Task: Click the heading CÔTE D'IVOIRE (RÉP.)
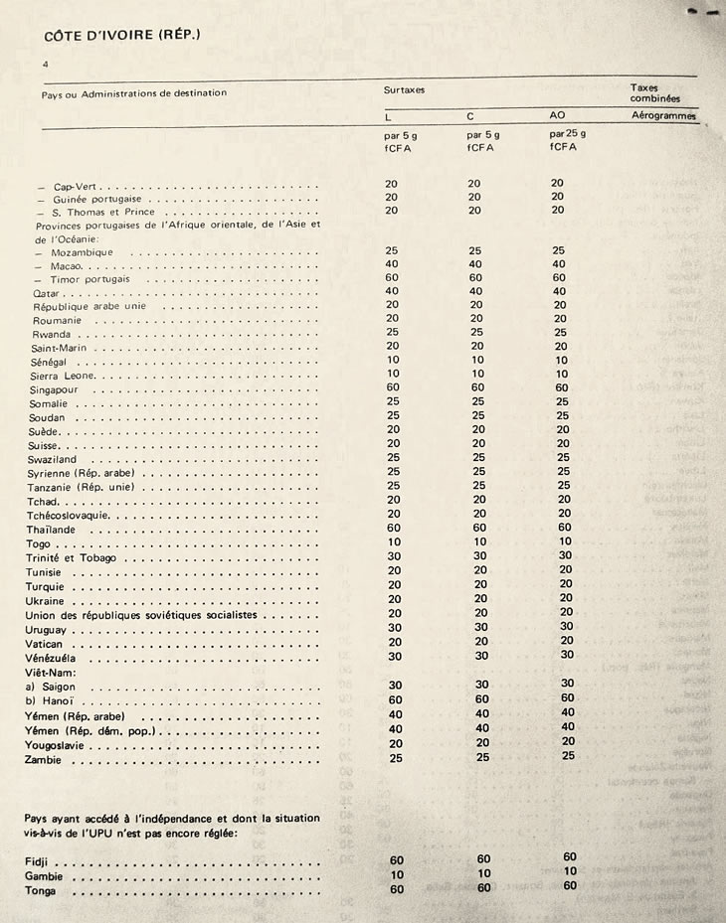click(x=122, y=35)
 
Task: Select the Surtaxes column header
click(x=404, y=89)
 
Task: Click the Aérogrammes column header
click(x=664, y=116)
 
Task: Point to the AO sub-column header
click(x=557, y=115)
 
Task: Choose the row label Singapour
click(x=62, y=390)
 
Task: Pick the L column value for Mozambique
click(x=392, y=251)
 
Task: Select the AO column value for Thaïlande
click(x=564, y=529)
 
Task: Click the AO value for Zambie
click(x=567, y=756)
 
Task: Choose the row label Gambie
click(x=44, y=876)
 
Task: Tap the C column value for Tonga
click(x=484, y=888)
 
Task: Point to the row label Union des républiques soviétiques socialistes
click(x=141, y=615)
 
